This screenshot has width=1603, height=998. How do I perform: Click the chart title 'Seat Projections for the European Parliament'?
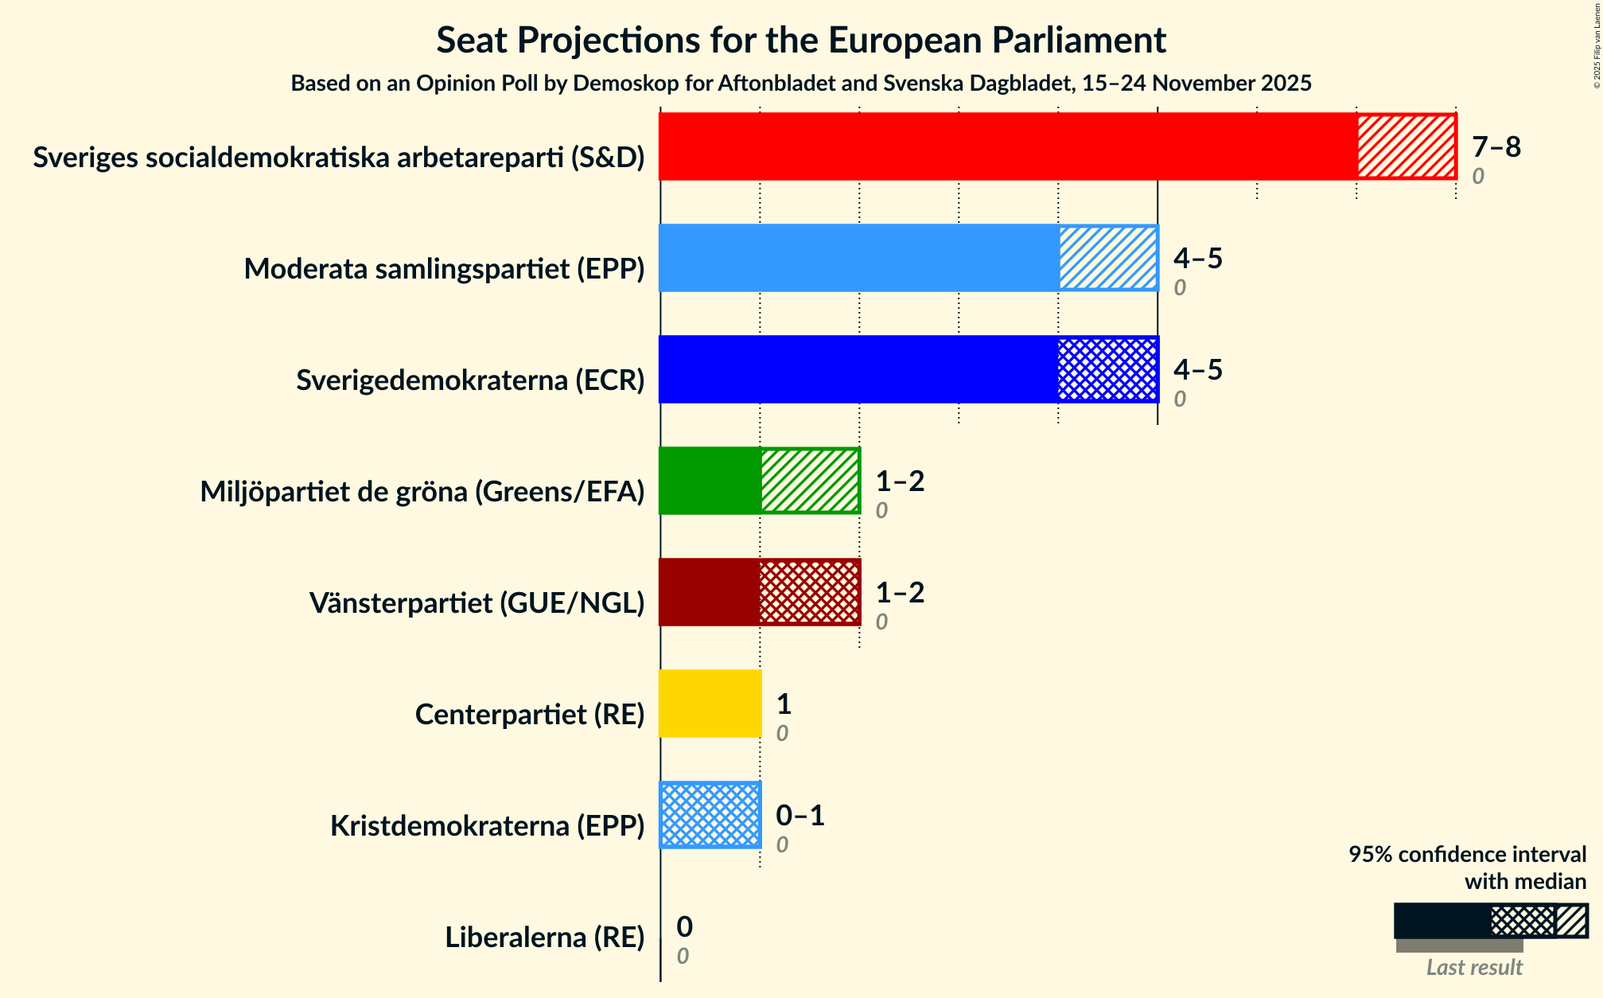(800, 41)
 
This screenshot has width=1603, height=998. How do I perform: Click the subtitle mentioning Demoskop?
(800, 84)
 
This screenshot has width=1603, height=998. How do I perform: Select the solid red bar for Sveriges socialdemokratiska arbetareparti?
(1007, 146)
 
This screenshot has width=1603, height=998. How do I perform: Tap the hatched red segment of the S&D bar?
(1406, 146)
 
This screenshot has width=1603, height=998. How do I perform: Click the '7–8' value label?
(1496, 147)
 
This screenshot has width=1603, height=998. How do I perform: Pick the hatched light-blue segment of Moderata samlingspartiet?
(1107, 258)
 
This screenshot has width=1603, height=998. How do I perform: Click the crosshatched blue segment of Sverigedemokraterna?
(1107, 369)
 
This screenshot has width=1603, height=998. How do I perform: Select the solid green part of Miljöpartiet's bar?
(710, 481)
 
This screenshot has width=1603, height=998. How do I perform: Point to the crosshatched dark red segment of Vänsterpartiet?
(809, 592)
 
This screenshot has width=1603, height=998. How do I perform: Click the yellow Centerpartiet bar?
(710, 704)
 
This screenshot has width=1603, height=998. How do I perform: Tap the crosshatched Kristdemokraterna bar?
(710, 815)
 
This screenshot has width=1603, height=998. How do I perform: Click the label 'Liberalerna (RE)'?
(544, 938)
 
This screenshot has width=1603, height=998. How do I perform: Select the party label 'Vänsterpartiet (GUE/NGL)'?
(477, 603)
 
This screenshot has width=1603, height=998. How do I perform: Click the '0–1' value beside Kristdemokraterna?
(800, 816)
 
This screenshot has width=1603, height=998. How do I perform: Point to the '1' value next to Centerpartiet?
(784, 704)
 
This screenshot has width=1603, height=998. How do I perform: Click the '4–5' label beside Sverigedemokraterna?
(1197, 370)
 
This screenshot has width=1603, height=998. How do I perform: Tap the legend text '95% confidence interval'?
(1467, 855)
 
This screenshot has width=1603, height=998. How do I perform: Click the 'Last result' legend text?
(1473, 967)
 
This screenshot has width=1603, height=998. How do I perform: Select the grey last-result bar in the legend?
(1459, 945)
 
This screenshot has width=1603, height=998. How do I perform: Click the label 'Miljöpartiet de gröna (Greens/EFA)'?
(422, 492)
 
